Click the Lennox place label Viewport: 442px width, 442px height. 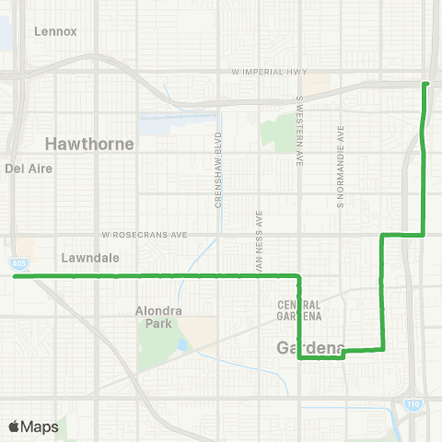(55, 30)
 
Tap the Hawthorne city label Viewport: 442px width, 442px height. (89, 145)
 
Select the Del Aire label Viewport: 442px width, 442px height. (29, 169)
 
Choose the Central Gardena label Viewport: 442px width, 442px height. (299, 310)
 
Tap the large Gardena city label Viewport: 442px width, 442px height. (310, 348)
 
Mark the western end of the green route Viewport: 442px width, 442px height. (17, 275)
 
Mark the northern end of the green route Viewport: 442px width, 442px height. (425, 84)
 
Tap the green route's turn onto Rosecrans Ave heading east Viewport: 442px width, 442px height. (382, 236)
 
